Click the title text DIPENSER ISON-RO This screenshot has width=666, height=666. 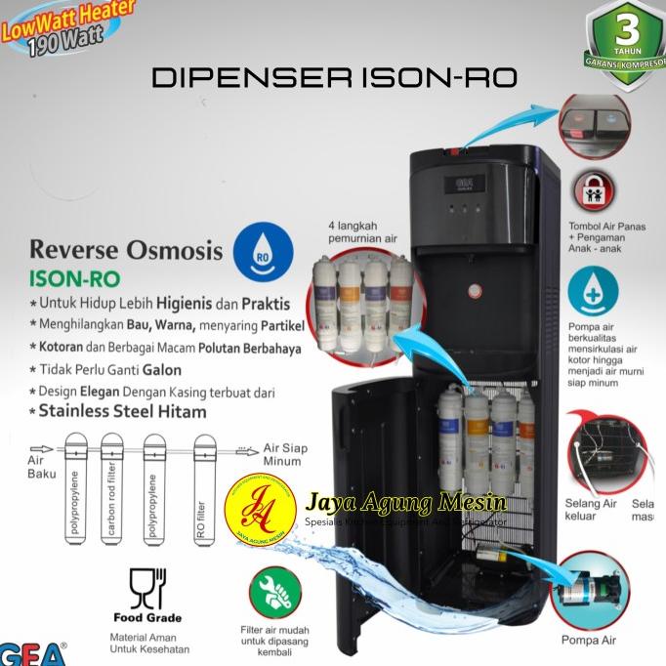coord(333,78)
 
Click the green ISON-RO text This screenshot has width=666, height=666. coord(74,280)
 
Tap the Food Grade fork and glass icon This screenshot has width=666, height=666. coord(148,589)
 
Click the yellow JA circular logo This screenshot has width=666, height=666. coord(259,516)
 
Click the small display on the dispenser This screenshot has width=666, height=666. coord(466,183)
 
